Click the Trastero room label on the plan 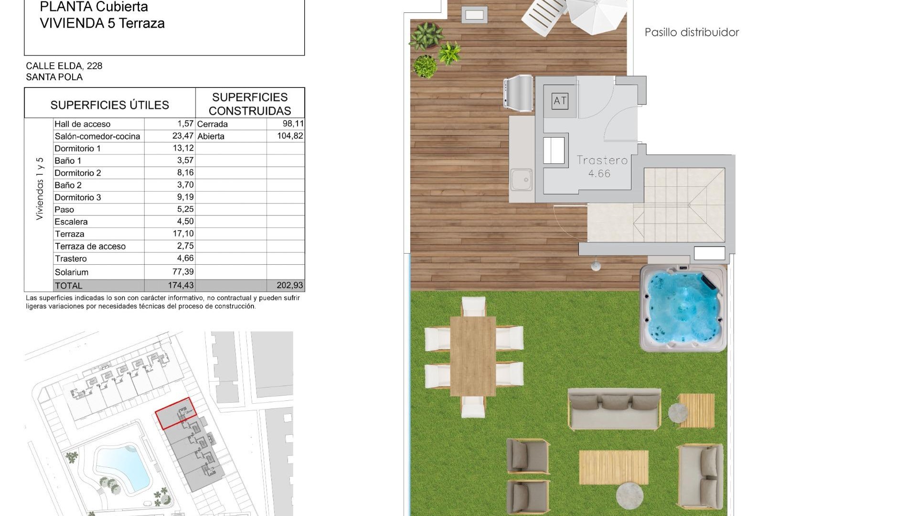[602, 161]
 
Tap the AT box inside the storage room [560, 101]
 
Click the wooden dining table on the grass [473, 356]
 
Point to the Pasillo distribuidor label [692, 32]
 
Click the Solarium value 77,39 [183, 272]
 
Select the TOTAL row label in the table [69, 286]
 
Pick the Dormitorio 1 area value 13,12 [183, 148]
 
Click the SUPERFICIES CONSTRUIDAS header [250, 104]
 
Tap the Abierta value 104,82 [290, 136]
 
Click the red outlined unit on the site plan [175, 413]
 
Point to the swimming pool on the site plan [123, 466]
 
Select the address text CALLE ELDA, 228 [64, 66]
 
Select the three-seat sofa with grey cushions [615, 408]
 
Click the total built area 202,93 [289, 285]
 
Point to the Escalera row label [71, 222]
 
